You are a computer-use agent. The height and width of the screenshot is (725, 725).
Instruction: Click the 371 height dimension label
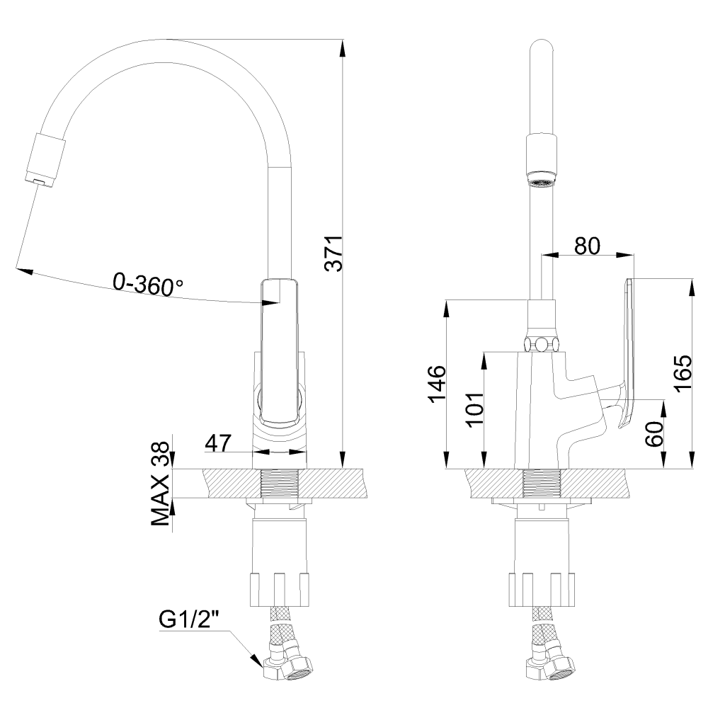click(333, 253)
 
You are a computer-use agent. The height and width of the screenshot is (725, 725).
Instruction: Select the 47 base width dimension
click(218, 443)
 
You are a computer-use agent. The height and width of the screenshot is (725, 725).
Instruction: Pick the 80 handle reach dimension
click(587, 246)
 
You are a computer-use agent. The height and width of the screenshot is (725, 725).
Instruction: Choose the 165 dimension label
click(682, 373)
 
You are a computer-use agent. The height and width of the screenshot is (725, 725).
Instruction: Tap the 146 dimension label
click(438, 384)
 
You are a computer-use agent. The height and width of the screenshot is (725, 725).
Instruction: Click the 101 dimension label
click(475, 410)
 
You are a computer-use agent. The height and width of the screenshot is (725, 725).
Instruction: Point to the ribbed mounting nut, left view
click(279, 590)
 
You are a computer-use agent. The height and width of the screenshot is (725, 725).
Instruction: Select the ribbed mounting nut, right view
click(542, 590)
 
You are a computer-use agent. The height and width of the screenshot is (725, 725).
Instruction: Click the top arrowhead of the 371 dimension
click(342, 46)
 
